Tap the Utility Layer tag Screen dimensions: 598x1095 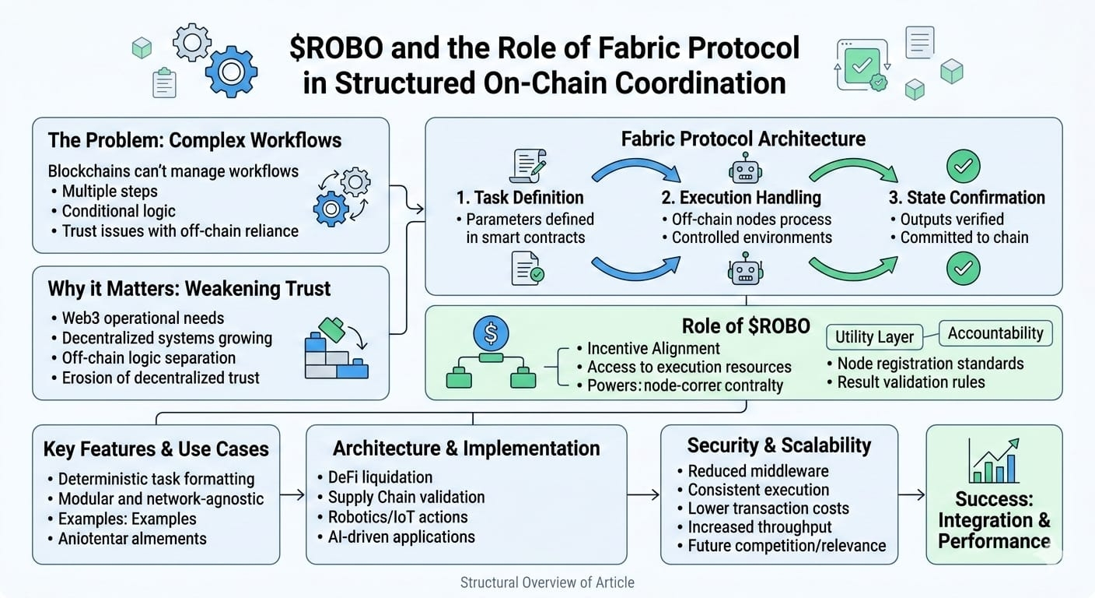pyautogui.click(x=875, y=337)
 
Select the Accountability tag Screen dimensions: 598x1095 pyautogui.click(x=995, y=333)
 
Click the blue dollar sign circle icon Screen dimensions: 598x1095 pyautogui.click(x=491, y=334)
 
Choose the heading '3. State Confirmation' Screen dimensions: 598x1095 pyautogui.click(x=967, y=198)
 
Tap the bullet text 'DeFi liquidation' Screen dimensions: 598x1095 pyautogui.click(x=374, y=477)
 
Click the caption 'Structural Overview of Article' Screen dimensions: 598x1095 pyautogui.click(x=547, y=582)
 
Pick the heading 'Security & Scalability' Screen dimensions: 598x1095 pyautogui.click(x=778, y=445)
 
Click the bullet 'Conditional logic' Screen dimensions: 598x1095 pyautogui.click(x=118, y=211)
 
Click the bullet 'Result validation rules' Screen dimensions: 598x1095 pyautogui.click(x=911, y=382)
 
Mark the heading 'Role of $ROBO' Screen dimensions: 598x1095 pyautogui.click(x=745, y=326)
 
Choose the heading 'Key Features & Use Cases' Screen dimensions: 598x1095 pyautogui.click(x=156, y=449)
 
